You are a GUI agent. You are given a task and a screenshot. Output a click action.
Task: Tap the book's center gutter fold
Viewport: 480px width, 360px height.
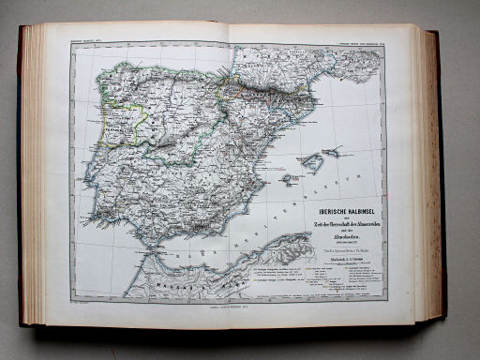(x=231, y=169)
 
